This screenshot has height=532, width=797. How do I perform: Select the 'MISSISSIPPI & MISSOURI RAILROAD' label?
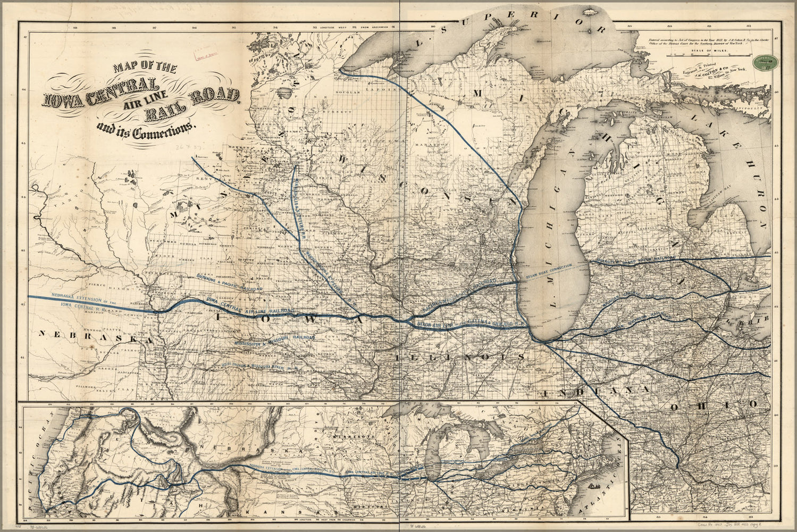pos(274,340)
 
